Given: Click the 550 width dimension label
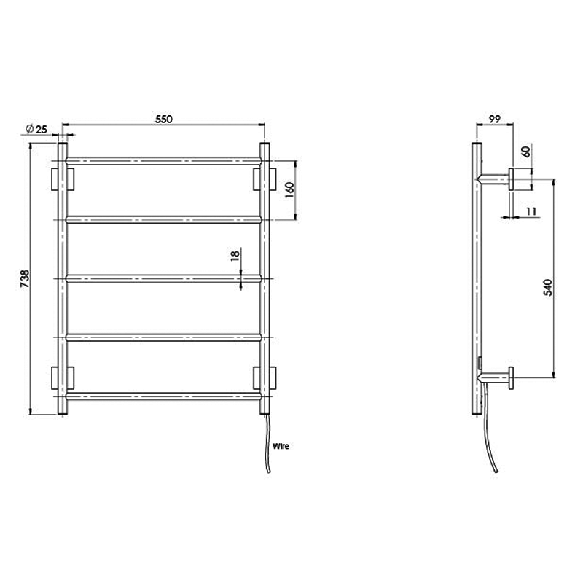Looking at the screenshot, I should (x=163, y=121).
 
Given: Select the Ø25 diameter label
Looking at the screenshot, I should (x=36, y=129).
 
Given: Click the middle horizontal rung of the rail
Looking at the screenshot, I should (x=163, y=278).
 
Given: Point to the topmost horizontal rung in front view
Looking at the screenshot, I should (x=163, y=159).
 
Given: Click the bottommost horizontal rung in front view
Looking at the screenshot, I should (x=163, y=397).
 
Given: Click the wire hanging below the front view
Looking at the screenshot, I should (x=267, y=445).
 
